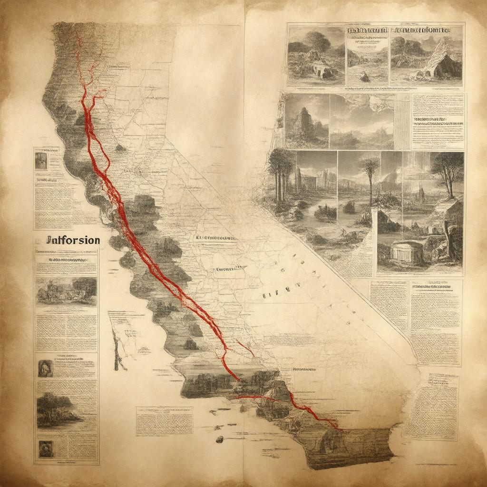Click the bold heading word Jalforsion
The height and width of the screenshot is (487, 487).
point(73,240)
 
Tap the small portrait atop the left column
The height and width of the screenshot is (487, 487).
point(41,160)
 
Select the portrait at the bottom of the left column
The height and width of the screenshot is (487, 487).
point(46,448)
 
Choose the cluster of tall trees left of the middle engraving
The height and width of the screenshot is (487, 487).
point(281,176)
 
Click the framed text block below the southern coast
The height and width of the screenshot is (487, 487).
point(165,421)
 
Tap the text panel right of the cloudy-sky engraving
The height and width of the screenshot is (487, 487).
point(437,121)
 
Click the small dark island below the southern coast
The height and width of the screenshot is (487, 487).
point(219,438)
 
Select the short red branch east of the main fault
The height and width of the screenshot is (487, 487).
point(246,349)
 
